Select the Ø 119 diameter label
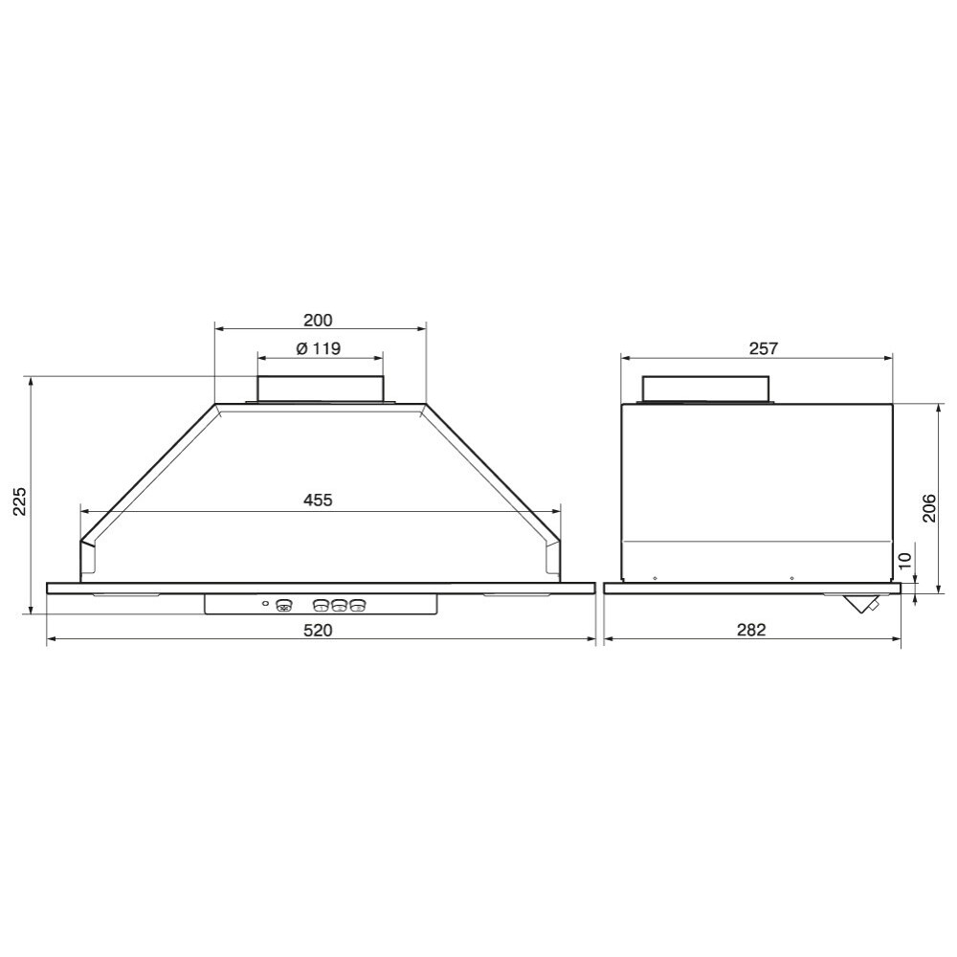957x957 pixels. (x=319, y=349)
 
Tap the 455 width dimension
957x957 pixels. (x=318, y=500)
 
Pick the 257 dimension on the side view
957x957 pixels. (x=763, y=349)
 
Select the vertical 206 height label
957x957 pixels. (x=929, y=507)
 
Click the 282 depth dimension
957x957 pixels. (x=752, y=630)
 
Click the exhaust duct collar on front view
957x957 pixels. (x=320, y=389)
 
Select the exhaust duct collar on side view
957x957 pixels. (x=706, y=389)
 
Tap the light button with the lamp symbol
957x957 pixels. (x=283, y=606)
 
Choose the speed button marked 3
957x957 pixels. (x=358, y=606)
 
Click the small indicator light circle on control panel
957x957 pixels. (x=265, y=604)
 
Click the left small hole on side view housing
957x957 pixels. (x=654, y=578)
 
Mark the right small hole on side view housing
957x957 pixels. (x=792, y=578)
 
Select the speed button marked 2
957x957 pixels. (x=339, y=606)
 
